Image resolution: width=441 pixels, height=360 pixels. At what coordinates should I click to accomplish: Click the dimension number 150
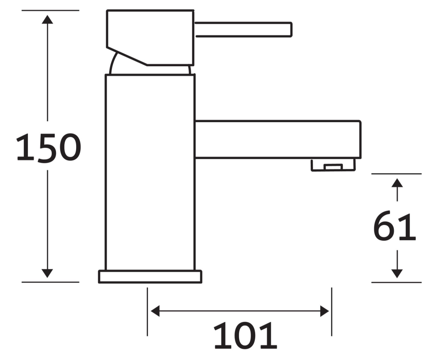tap(48, 148)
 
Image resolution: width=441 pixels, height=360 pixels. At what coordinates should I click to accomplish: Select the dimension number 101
tap(245, 336)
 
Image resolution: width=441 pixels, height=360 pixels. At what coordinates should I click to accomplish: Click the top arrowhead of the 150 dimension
tap(47, 19)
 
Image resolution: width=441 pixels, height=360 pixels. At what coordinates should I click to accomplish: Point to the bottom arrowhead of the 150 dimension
tap(47, 273)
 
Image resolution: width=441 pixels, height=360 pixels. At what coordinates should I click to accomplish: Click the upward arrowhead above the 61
tap(397, 183)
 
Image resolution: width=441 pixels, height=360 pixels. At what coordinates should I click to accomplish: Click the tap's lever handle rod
tap(243, 29)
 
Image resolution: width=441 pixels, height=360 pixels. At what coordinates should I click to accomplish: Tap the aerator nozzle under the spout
tap(334, 165)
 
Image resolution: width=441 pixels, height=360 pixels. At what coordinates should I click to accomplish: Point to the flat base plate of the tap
tap(150, 277)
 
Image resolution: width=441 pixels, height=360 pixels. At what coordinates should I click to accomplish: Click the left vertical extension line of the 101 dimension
tap(147, 312)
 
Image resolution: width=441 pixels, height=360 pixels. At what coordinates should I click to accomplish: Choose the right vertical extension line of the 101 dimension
tap(331, 312)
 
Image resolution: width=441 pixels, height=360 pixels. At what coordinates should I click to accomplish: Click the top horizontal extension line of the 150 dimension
tap(50, 10)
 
